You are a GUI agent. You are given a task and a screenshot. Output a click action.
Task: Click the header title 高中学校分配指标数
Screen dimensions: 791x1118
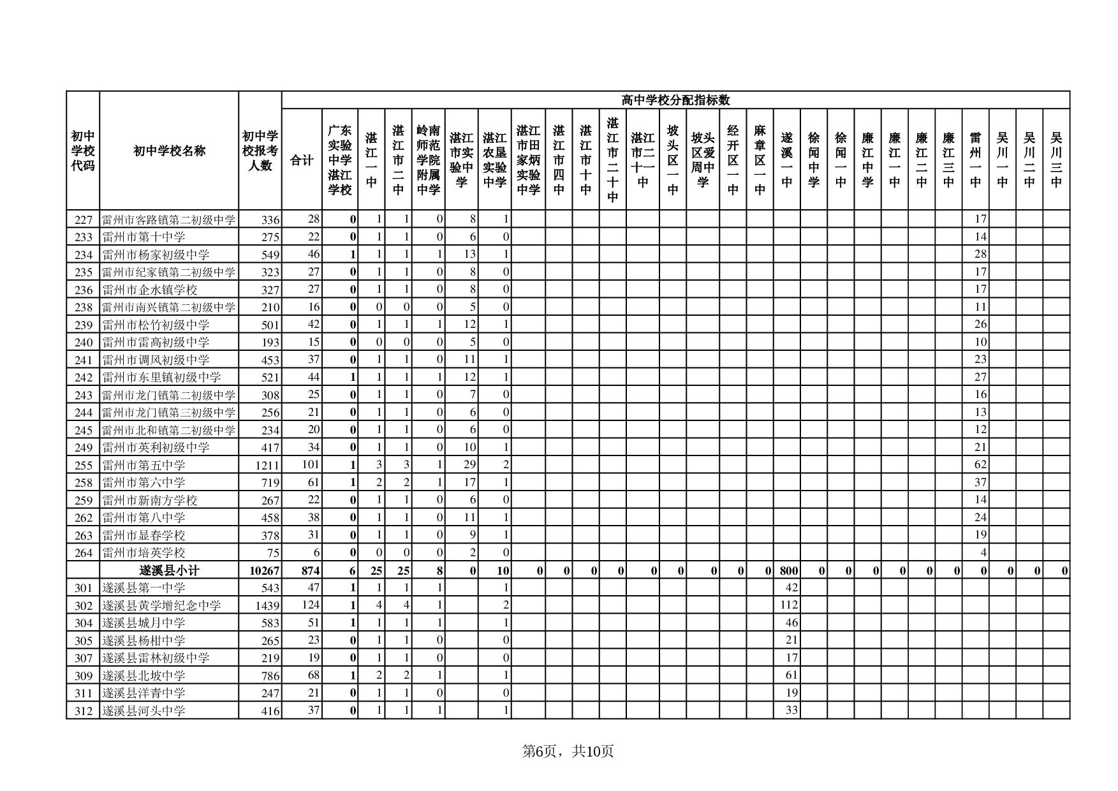click(675, 100)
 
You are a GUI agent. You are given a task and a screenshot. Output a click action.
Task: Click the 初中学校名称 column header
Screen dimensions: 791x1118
click(169, 151)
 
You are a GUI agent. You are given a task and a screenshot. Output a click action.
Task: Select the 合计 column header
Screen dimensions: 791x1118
click(302, 160)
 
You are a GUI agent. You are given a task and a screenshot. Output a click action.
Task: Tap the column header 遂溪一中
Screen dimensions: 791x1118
click(786, 159)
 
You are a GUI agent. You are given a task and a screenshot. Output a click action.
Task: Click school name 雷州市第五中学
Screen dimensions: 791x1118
click(143, 465)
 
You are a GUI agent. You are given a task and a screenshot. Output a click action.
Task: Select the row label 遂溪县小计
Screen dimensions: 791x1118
click(169, 570)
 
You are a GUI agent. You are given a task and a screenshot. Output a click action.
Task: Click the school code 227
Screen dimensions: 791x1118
click(84, 220)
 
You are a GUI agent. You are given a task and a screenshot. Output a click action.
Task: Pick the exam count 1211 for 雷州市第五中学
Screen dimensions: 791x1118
click(268, 465)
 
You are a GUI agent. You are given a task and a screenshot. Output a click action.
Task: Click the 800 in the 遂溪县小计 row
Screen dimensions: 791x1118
click(789, 570)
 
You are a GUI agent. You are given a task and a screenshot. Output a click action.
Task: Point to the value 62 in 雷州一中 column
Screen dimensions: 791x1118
click(980, 465)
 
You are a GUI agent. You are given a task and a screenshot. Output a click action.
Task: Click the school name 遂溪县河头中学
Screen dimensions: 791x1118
click(143, 711)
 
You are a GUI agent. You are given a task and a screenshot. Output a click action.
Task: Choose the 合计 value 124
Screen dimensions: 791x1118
click(310, 605)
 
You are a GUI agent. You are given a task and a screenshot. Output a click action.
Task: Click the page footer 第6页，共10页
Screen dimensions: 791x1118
click(568, 751)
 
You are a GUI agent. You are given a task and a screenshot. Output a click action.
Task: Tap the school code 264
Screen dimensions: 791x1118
click(84, 553)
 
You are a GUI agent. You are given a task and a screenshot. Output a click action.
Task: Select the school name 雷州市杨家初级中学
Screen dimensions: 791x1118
click(156, 255)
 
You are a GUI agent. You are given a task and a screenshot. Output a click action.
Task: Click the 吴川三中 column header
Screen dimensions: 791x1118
click(1056, 159)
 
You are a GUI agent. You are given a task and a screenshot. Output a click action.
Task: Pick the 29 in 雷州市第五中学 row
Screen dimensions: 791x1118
click(469, 465)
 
